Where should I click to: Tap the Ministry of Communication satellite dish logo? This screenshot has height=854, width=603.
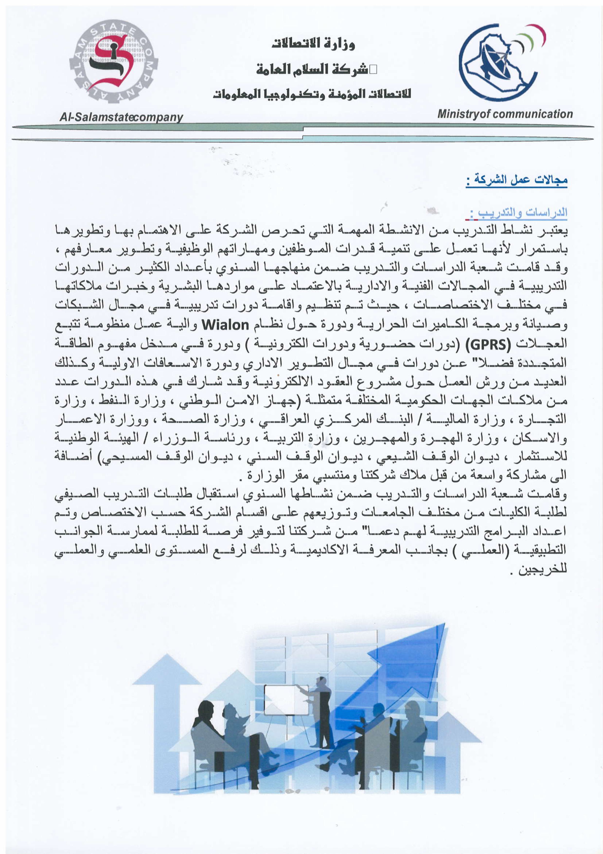point(498,63)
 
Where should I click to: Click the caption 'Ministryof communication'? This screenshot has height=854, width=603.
point(505,114)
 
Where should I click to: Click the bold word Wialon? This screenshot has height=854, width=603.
point(225,325)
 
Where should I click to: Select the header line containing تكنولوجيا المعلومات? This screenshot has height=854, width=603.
point(312,94)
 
